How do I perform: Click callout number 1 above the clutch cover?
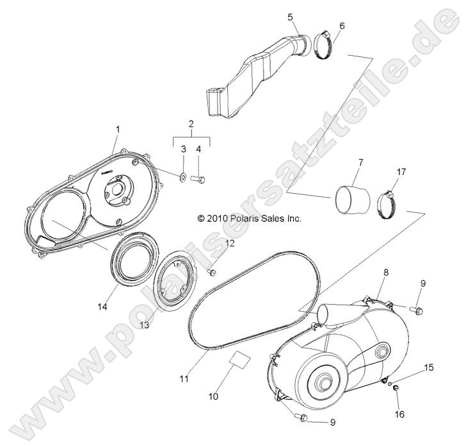tap(117, 130)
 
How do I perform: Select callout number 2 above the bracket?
tap(191, 123)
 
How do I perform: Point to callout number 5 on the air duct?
tap(291, 17)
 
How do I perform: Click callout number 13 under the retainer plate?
tap(144, 325)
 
